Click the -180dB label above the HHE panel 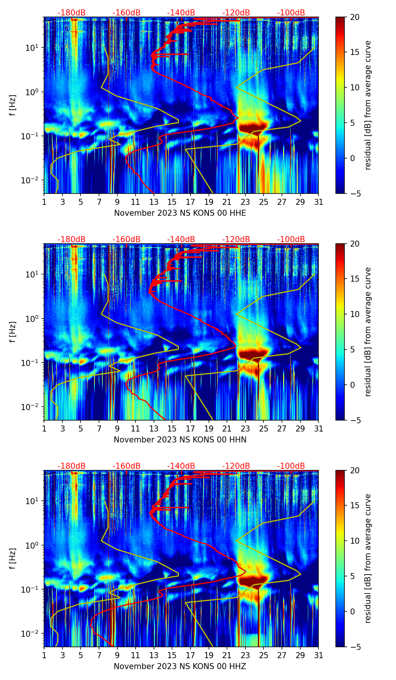click(72, 13)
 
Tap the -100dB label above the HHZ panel click(291, 466)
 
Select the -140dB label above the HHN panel click(181, 239)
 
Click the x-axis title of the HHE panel click(180, 213)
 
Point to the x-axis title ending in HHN click(180, 440)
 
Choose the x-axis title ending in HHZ click(180, 666)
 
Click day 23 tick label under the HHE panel click(245, 202)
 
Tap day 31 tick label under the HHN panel click(318, 429)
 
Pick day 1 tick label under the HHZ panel click(44, 656)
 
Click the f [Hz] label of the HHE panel click(13, 105)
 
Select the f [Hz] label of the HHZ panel click(13, 559)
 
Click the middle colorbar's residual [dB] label click(368, 332)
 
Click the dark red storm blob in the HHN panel click(252, 354)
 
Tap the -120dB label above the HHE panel click(236, 13)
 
